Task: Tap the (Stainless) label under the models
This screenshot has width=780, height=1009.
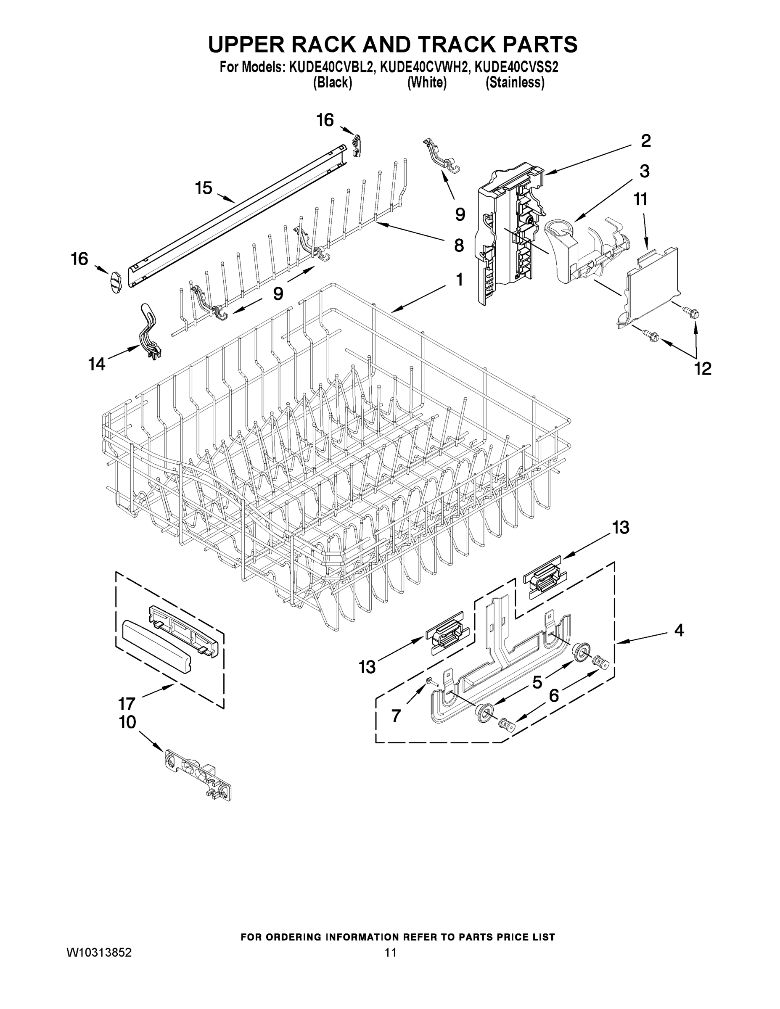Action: coord(515,83)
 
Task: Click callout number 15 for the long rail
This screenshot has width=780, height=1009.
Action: coord(204,188)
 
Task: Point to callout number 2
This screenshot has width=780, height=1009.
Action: coord(645,140)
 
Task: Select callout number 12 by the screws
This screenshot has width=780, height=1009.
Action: coord(702,368)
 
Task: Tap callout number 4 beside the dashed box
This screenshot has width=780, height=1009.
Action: coord(678,630)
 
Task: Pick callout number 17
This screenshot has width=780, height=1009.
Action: coord(127,704)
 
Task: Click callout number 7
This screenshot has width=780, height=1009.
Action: coord(396,716)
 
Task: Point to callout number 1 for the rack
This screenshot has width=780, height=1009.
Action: coord(459,280)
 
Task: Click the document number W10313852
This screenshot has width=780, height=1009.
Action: coord(99,952)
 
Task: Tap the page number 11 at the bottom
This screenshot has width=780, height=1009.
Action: coord(391,952)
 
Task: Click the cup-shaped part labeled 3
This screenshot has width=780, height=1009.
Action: coord(561,245)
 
